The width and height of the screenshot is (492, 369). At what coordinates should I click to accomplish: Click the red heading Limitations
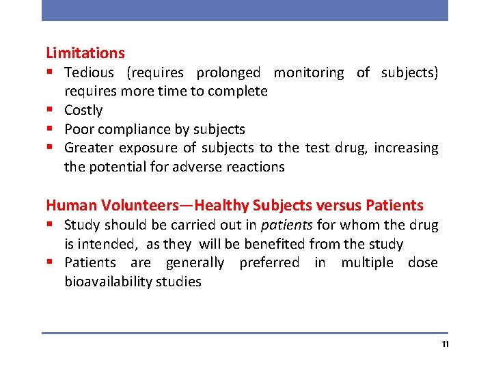tap(85, 53)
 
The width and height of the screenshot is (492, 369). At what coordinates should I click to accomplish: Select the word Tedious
tap(89, 72)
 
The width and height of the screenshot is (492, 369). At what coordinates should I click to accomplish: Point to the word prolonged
tap(228, 72)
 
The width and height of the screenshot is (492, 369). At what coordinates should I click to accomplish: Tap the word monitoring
tap(309, 72)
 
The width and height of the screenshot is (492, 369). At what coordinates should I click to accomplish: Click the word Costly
tap(83, 110)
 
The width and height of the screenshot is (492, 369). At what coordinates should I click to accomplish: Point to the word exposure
tap(148, 148)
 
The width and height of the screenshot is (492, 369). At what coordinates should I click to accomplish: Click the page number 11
tap(445, 344)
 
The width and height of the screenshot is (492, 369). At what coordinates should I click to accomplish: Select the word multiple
tap(368, 262)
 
